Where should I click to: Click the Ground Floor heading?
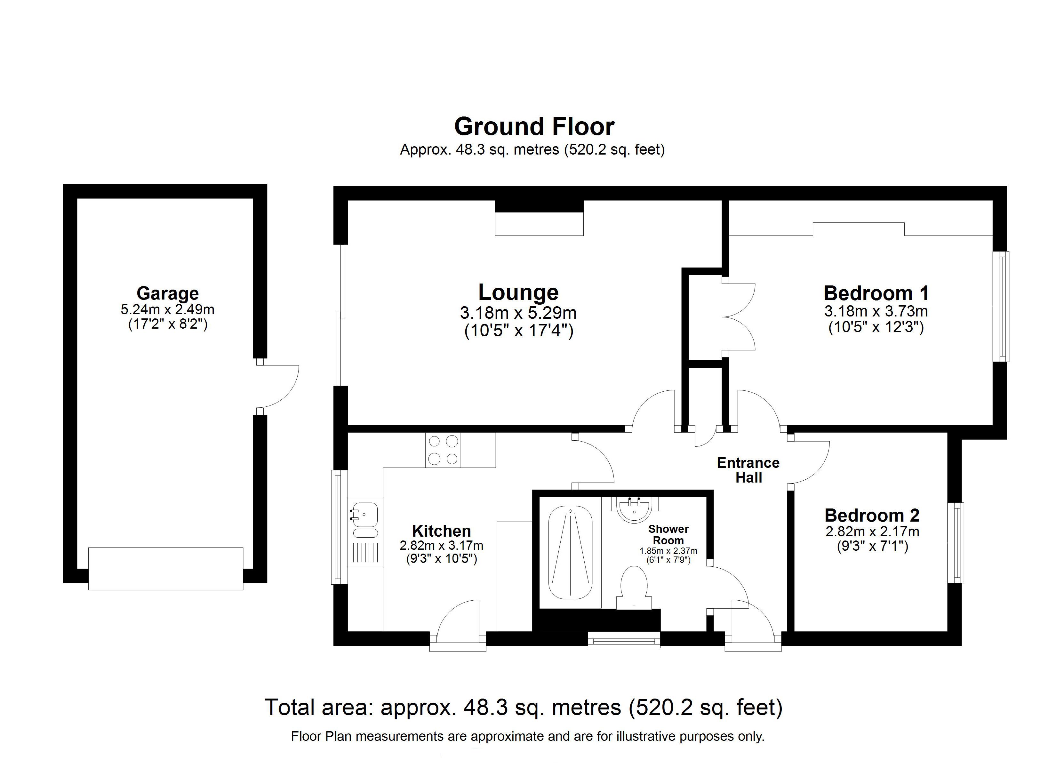click(x=534, y=127)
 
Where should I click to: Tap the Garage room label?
click(x=168, y=293)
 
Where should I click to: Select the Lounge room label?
click(x=518, y=292)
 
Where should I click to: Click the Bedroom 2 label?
click(x=872, y=515)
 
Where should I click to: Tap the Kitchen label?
click(x=441, y=531)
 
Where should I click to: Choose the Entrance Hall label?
click(x=748, y=470)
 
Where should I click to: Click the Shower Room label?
click(x=668, y=535)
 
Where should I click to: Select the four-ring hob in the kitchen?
click(x=443, y=450)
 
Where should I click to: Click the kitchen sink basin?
click(x=365, y=515)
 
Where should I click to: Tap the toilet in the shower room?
click(x=634, y=587)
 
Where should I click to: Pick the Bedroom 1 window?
click(x=1001, y=307)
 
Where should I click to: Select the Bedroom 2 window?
click(x=956, y=543)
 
